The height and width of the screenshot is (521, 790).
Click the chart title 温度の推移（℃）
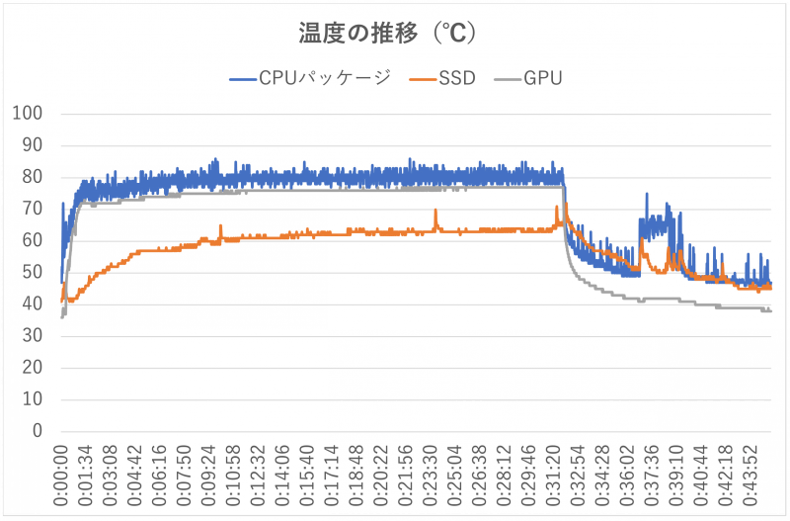point(388,34)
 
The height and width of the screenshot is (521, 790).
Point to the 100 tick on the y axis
point(28,114)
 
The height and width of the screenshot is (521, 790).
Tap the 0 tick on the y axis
point(37,431)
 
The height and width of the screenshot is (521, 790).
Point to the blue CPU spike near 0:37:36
point(647,195)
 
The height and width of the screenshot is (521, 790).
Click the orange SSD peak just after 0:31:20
point(566,205)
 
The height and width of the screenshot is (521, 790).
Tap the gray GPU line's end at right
point(769,311)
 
